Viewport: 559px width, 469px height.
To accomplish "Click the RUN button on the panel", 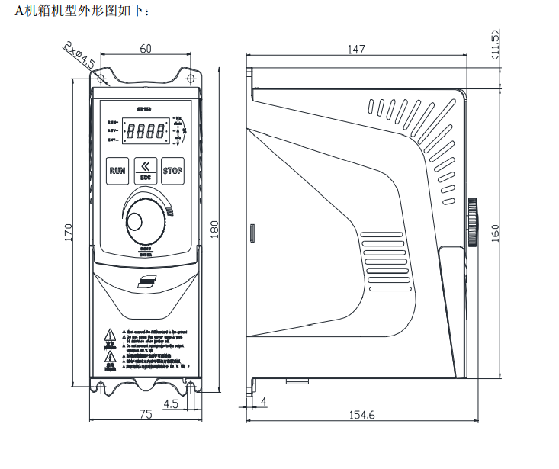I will pyautogui.click(x=117, y=171).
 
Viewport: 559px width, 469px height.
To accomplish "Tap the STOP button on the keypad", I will pyautogui.click(x=173, y=171).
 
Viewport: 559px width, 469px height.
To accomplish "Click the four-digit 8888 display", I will pyautogui.click(x=145, y=131).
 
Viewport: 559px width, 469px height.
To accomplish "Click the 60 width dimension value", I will pyautogui.click(x=146, y=49).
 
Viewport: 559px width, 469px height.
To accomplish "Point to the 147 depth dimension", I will pyautogui.click(x=356, y=50).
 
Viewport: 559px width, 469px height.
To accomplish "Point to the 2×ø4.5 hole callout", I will pyautogui.click(x=79, y=55).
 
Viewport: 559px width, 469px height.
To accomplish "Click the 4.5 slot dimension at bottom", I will pyautogui.click(x=170, y=403).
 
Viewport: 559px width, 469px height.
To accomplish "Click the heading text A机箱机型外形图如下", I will pyautogui.click(x=72, y=11).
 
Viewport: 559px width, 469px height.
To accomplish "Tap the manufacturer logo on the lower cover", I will pyautogui.click(x=146, y=283).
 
